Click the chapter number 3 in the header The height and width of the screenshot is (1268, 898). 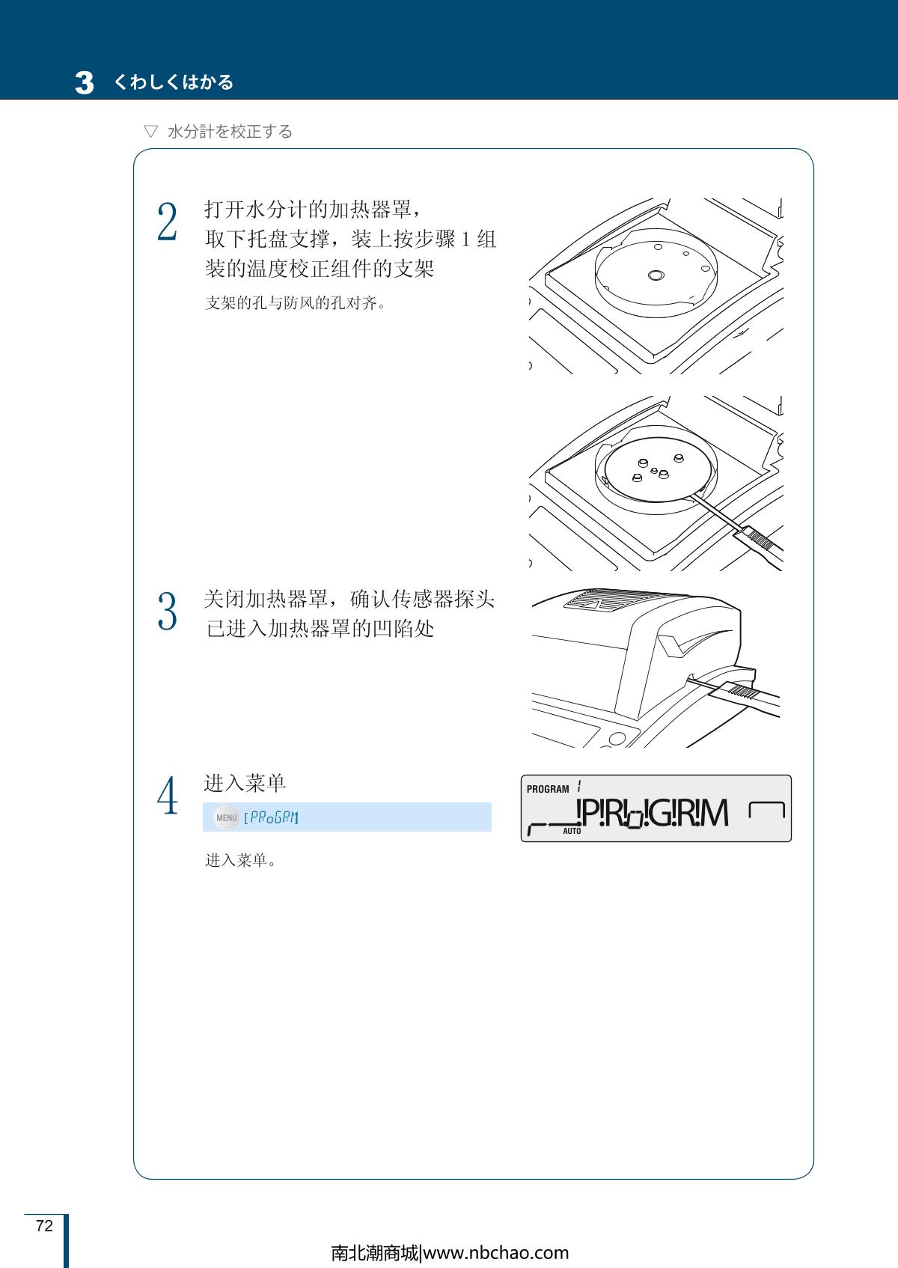coord(85,82)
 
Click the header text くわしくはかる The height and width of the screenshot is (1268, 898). coord(173,82)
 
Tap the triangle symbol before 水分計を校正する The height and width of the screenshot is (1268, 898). coord(150,132)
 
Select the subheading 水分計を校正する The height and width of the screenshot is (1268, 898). coord(230,132)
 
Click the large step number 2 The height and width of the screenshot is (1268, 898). coord(167,222)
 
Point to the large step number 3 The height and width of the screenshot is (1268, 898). coord(167,612)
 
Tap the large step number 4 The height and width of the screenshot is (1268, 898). coord(168,796)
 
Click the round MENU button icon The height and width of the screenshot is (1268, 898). coord(226,817)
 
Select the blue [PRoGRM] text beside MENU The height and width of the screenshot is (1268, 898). coord(271,817)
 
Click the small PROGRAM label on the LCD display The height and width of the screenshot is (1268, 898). coord(548,789)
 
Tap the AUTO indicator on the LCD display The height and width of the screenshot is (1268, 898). coord(572,831)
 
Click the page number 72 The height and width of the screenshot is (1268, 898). coord(44,1225)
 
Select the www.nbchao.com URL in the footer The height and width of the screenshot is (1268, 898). coord(496,1252)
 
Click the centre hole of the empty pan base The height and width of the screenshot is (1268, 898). coord(656,275)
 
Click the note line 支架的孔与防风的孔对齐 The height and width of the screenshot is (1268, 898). coord(295,303)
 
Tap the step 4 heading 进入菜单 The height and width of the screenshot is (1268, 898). coord(245,783)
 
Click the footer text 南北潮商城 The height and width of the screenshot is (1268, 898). coord(375,1252)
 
